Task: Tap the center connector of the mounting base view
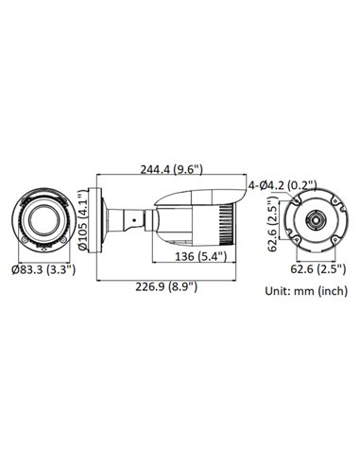[312, 223]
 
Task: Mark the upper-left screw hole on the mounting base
[294, 202]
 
